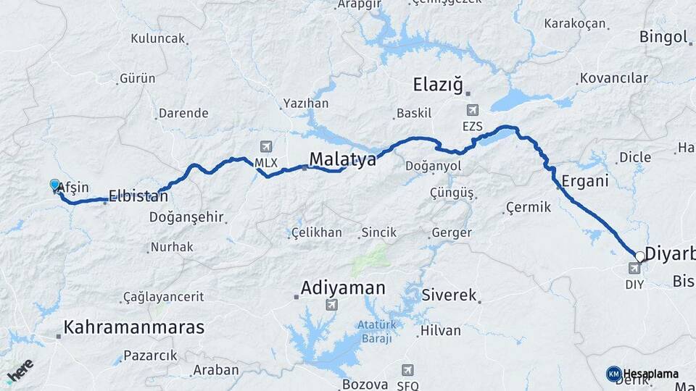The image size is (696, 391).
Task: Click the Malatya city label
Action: tap(342, 159)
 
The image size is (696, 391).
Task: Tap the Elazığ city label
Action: tap(437, 84)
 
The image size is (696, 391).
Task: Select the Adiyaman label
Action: tap(344, 287)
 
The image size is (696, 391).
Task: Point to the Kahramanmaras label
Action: tap(134, 327)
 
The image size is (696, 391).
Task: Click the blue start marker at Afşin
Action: tap(54, 185)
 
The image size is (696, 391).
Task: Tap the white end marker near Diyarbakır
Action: tap(639, 256)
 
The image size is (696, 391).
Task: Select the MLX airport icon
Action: tap(265, 147)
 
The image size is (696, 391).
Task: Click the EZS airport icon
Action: tap(473, 111)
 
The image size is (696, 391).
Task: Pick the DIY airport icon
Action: tap(634, 269)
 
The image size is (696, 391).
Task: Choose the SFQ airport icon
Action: tap(407, 370)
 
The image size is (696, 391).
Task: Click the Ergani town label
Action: tap(584, 181)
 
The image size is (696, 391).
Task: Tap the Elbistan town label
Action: tap(138, 195)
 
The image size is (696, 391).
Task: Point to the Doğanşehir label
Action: tap(186, 216)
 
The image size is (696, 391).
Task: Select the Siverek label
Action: tap(449, 295)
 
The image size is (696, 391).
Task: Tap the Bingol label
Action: tap(663, 37)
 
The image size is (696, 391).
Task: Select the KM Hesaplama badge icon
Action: tap(613, 374)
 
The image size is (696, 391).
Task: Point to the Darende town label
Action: tap(183, 113)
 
